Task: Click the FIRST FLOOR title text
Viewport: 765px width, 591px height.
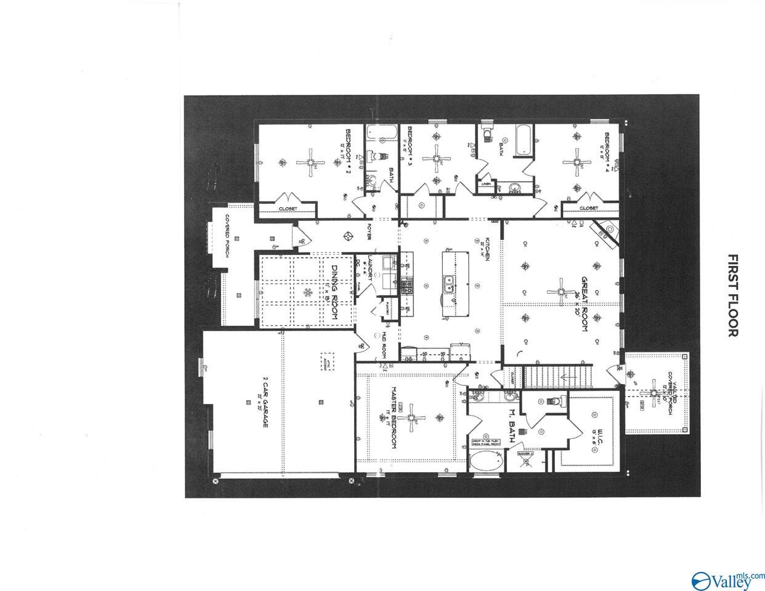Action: click(x=732, y=295)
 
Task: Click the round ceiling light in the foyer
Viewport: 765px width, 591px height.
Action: click(x=348, y=236)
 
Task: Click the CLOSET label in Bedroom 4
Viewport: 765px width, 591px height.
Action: click(x=589, y=209)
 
